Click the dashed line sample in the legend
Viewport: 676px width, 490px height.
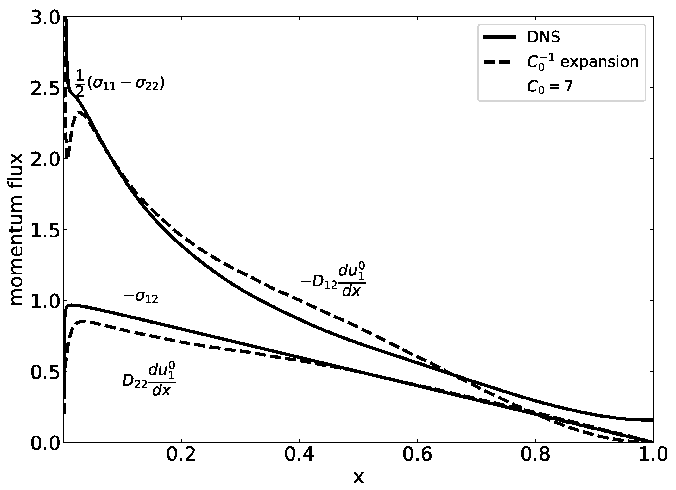click(x=500, y=62)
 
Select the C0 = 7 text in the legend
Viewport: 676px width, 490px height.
click(x=549, y=86)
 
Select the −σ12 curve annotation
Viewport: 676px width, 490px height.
click(x=140, y=298)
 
